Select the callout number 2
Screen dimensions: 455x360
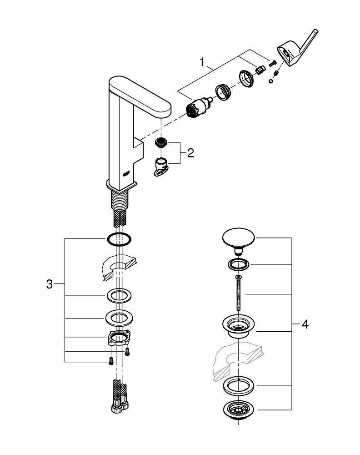[x=190, y=152]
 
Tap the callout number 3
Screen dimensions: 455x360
[x=50, y=285]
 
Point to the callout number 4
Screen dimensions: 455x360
[x=305, y=324]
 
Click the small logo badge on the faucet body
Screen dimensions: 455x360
[x=127, y=172]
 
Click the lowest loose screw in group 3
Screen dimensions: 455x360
[x=110, y=362]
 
